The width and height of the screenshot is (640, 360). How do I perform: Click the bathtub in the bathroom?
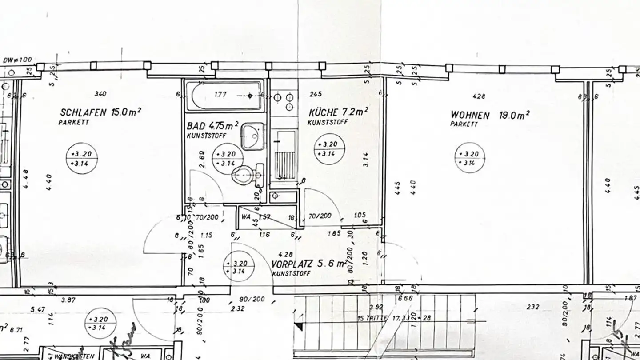pos(224,96)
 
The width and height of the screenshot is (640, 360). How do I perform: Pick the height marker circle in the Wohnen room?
pos(469,158)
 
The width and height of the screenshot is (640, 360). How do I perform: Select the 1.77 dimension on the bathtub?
pos(221,95)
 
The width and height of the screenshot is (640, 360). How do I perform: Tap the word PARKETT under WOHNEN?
pos(464,124)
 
